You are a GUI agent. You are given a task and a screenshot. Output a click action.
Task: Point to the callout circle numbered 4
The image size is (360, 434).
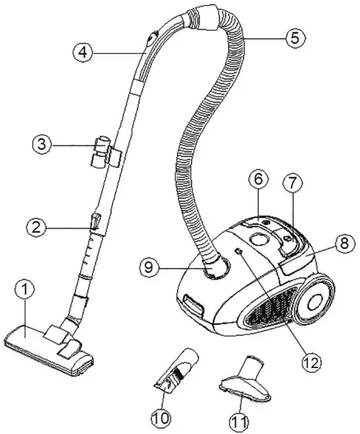83,52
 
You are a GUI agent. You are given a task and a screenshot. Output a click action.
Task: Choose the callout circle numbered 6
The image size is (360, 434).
258,180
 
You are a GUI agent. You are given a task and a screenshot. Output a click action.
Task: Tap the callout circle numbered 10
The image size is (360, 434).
161,417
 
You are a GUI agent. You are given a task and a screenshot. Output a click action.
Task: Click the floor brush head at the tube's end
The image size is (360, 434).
50,343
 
